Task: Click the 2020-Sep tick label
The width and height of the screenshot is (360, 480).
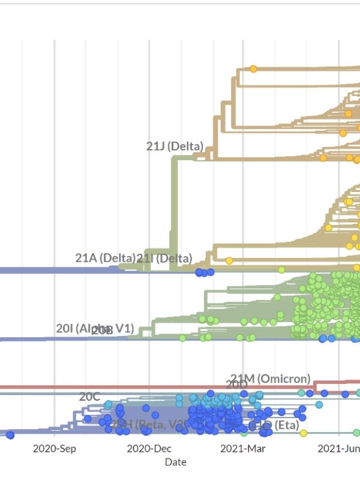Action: [x=54, y=448]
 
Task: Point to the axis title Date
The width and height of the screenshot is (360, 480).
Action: [x=175, y=462]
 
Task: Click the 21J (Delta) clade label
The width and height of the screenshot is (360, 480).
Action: [x=175, y=146]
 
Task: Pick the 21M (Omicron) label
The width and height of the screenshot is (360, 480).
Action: [x=271, y=379]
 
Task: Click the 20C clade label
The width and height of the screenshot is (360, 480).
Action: [x=89, y=397]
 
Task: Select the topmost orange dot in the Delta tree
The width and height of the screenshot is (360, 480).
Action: [x=253, y=69]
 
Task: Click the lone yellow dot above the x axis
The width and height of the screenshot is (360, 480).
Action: [x=303, y=433]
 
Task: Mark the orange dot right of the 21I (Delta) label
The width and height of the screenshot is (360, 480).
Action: [x=229, y=260]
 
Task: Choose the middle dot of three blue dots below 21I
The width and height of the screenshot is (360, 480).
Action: [x=205, y=272]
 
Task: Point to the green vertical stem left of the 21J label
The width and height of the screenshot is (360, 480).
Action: [x=174, y=210]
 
